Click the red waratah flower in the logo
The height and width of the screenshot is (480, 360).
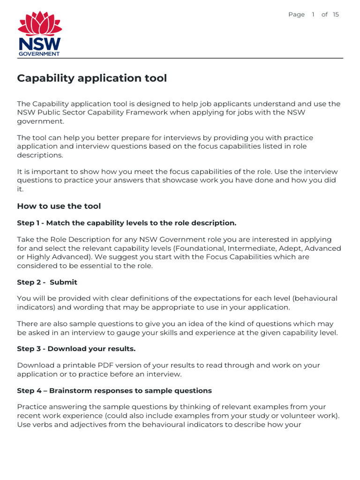[x=39, y=24]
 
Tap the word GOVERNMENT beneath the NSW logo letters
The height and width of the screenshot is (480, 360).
[x=39, y=54]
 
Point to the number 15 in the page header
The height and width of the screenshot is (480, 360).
[x=336, y=15]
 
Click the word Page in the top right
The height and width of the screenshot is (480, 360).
[x=296, y=15]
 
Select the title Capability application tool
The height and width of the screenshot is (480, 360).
[x=92, y=78]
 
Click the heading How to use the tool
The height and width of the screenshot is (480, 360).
[x=59, y=206]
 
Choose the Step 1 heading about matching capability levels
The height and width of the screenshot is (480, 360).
[x=127, y=223]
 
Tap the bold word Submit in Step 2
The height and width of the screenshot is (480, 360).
[x=63, y=282]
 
